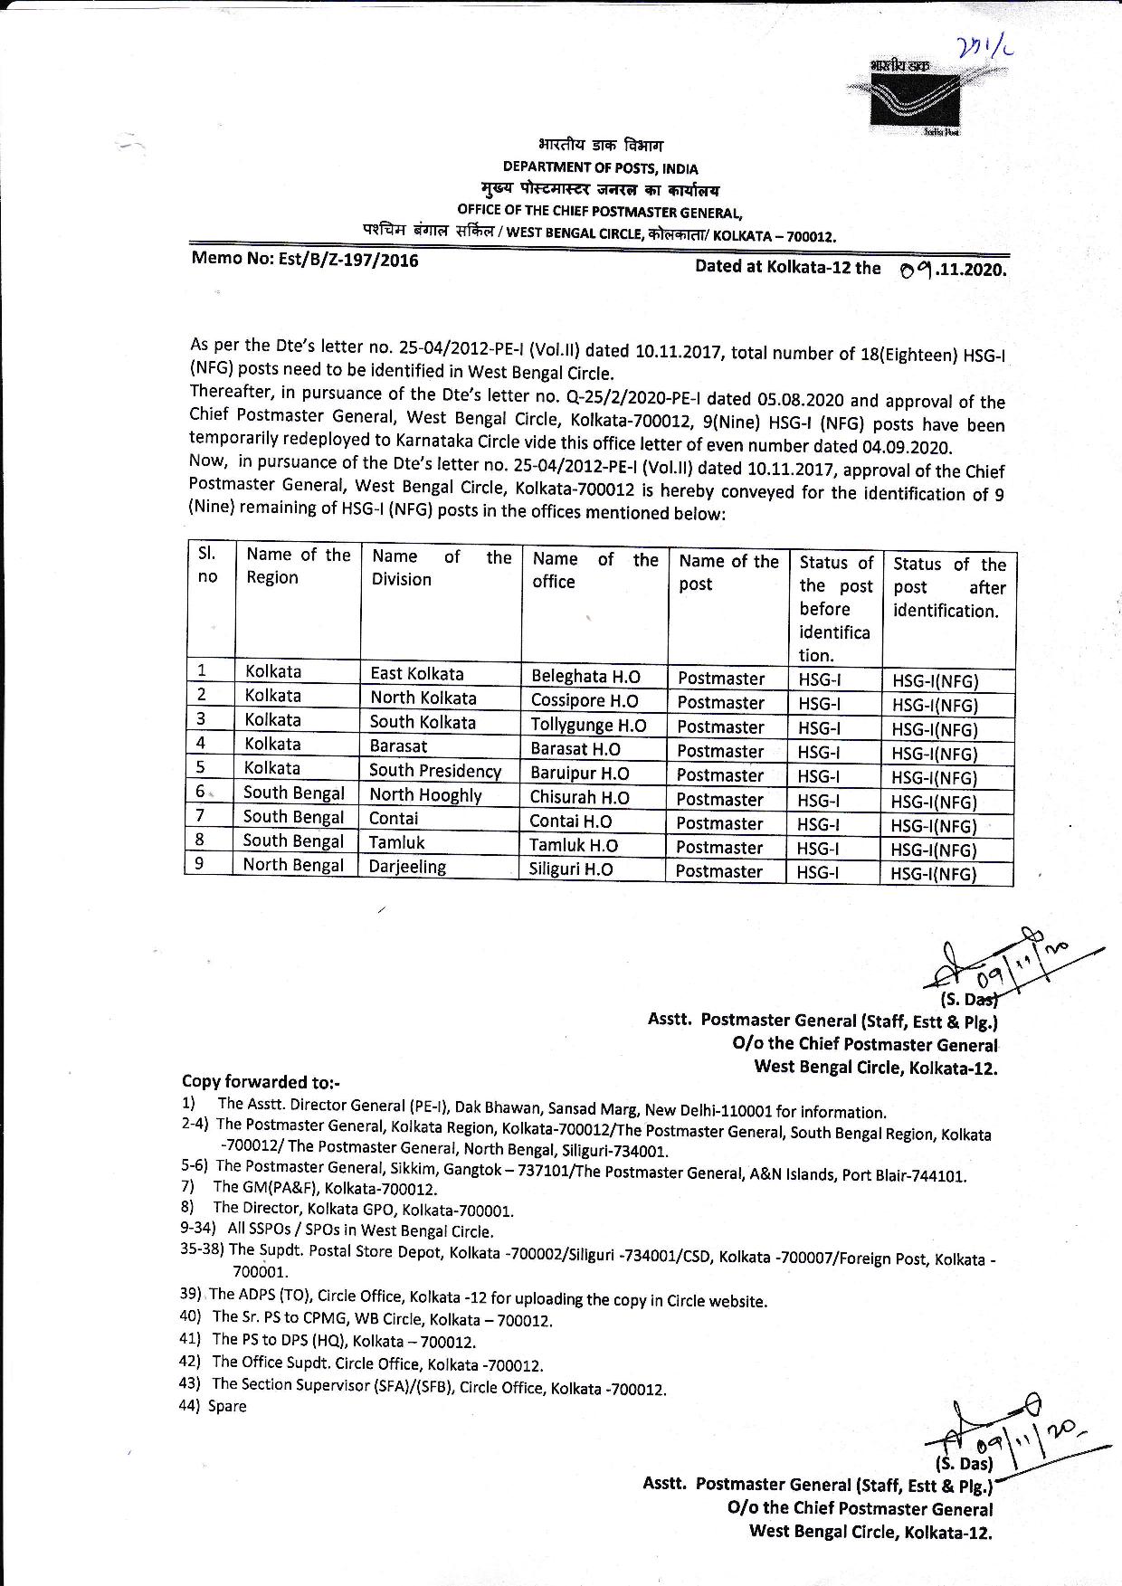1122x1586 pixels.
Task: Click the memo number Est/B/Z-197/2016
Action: (x=305, y=260)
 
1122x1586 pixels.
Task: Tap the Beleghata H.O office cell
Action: (x=585, y=677)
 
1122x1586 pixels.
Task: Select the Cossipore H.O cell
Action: (x=584, y=701)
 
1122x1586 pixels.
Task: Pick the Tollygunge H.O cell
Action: (x=588, y=726)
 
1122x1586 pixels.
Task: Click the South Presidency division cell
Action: (x=434, y=771)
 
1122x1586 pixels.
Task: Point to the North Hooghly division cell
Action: (x=425, y=795)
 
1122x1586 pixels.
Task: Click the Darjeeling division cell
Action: (x=407, y=867)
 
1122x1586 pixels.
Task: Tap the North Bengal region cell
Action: (x=293, y=865)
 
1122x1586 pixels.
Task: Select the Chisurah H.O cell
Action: (x=579, y=798)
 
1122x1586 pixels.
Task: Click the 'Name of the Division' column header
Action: (x=441, y=568)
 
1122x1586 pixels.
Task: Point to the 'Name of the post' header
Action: (x=728, y=573)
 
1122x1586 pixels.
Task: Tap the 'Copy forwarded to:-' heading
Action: (x=261, y=1082)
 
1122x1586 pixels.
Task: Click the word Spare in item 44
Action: (x=227, y=1406)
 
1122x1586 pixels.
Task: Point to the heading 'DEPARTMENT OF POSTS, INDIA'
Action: (x=600, y=168)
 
